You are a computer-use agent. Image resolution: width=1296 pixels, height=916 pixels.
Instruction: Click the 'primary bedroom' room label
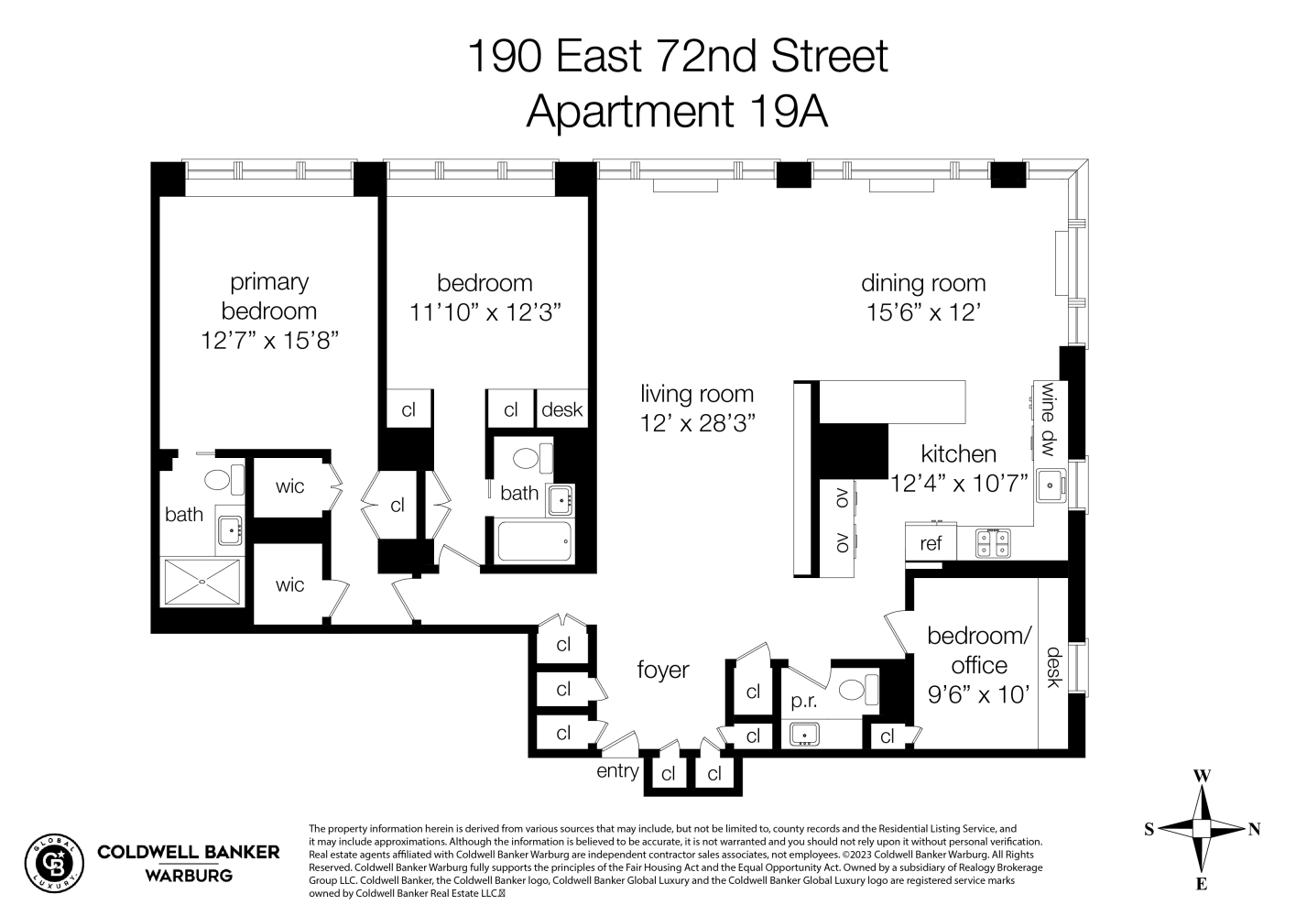tap(268, 296)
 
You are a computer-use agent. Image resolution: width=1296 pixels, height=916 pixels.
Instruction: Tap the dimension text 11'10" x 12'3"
tap(485, 312)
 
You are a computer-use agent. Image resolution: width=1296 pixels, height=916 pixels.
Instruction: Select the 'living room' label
tap(696, 394)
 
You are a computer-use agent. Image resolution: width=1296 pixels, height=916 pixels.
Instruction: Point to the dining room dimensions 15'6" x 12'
tap(923, 312)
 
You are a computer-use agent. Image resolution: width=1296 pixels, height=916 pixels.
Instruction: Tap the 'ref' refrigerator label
tap(930, 543)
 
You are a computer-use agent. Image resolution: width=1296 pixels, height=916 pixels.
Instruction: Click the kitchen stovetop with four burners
tap(992, 542)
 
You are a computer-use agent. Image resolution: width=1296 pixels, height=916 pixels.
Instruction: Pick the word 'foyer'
tap(662, 671)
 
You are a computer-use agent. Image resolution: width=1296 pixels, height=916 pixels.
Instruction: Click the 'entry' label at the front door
tap(617, 770)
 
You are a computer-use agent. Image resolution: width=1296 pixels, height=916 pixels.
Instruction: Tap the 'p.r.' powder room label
tap(803, 702)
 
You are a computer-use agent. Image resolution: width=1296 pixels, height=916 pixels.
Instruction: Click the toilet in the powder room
tap(857, 688)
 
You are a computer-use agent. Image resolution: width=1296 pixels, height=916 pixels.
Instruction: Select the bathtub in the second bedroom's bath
tap(534, 541)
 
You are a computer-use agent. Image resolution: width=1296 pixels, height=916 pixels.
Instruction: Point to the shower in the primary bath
tap(202, 582)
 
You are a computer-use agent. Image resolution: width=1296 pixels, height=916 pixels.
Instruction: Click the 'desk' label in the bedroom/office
tap(1053, 667)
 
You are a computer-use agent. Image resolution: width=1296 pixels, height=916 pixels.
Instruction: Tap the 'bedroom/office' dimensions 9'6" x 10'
tap(979, 695)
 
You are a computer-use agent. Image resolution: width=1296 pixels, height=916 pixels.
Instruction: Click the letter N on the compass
tap(1254, 829)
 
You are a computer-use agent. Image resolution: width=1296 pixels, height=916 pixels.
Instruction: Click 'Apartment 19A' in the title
tap(677, 112)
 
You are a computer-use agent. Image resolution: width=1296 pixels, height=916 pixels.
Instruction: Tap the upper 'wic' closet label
tap(289, 486)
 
